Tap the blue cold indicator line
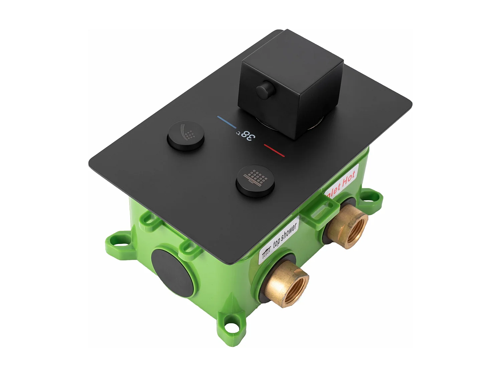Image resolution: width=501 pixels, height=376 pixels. [227, 122]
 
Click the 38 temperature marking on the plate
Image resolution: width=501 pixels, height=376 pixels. [248, 135]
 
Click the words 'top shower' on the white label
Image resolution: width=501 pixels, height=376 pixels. [285, 235]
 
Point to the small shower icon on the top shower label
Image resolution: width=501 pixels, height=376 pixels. [266, 253]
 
